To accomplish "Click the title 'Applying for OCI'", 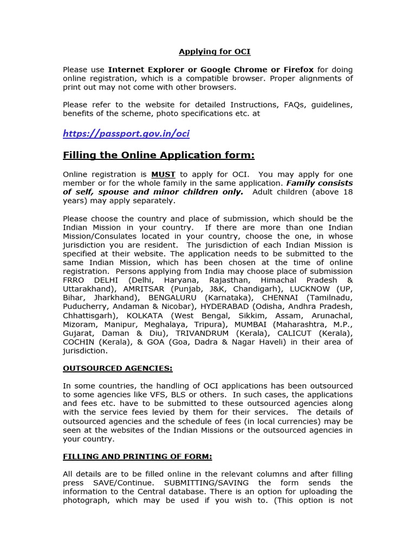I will [x=214, y=52].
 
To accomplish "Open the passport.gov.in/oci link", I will [x=126, y=133].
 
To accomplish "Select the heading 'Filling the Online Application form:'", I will [x=159, y=156].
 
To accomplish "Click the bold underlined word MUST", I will [x=163, y=175].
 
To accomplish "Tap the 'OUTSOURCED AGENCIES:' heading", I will [x=118, y=369].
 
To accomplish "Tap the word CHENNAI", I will [x=282, y=298].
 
